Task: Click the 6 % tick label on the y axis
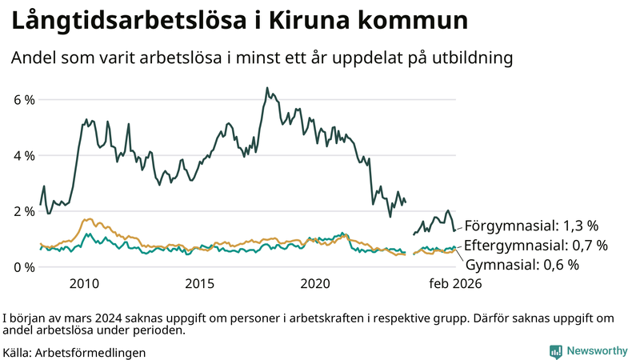pyautogui.click(x=22, y=100)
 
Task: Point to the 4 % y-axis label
pyautogui.click(x=22, y=155)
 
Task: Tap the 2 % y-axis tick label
pyautogui.click(x=22, y=211)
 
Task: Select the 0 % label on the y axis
pyautogui.click(x=22, y=266)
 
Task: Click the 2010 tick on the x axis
pyautogui.click(x=84, y=284)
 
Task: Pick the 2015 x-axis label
pyautogui.click(x=200, y=284)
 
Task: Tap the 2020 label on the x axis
pyautogui.click(x=315, y=284)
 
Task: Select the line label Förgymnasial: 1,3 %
pyautogui.click(x=531, y=225)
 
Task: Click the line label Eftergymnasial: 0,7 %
pyautogui.click(x=536, y=245)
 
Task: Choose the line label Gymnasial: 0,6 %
pyautogui.click(x=522, y=265)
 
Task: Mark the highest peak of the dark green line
pyautogui.click(x=266, y=87)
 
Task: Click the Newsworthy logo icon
pyautogui.click(x=555, y=351)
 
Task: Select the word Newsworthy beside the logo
pyautogui.click(x=597, y=351)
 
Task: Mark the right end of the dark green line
pyautogui.click(x=454, y=230)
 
